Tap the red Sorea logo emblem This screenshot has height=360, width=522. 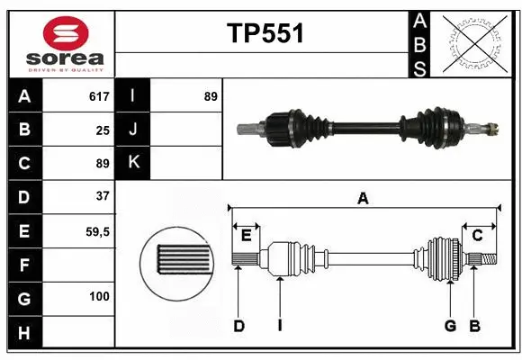(59, 33)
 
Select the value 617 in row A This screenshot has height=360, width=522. (98, 96)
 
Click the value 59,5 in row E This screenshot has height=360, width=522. (97, 231)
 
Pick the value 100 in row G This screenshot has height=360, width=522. (98, 297)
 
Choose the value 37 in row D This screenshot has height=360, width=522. (102, 195)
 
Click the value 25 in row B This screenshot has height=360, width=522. (102, 130)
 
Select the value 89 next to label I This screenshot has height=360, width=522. (211, 96)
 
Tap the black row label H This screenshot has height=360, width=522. (24, 333)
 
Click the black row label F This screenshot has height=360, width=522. (24, 265)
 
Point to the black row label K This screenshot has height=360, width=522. (133, 163)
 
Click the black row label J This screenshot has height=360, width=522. (133, 130)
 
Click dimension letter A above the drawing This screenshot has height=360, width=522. (363, 199)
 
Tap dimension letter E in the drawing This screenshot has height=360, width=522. (246, 236)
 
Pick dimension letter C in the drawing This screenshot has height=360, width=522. (478, 236)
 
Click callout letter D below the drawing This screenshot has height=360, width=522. (239, 326)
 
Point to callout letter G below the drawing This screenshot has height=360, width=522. (450, 326)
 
